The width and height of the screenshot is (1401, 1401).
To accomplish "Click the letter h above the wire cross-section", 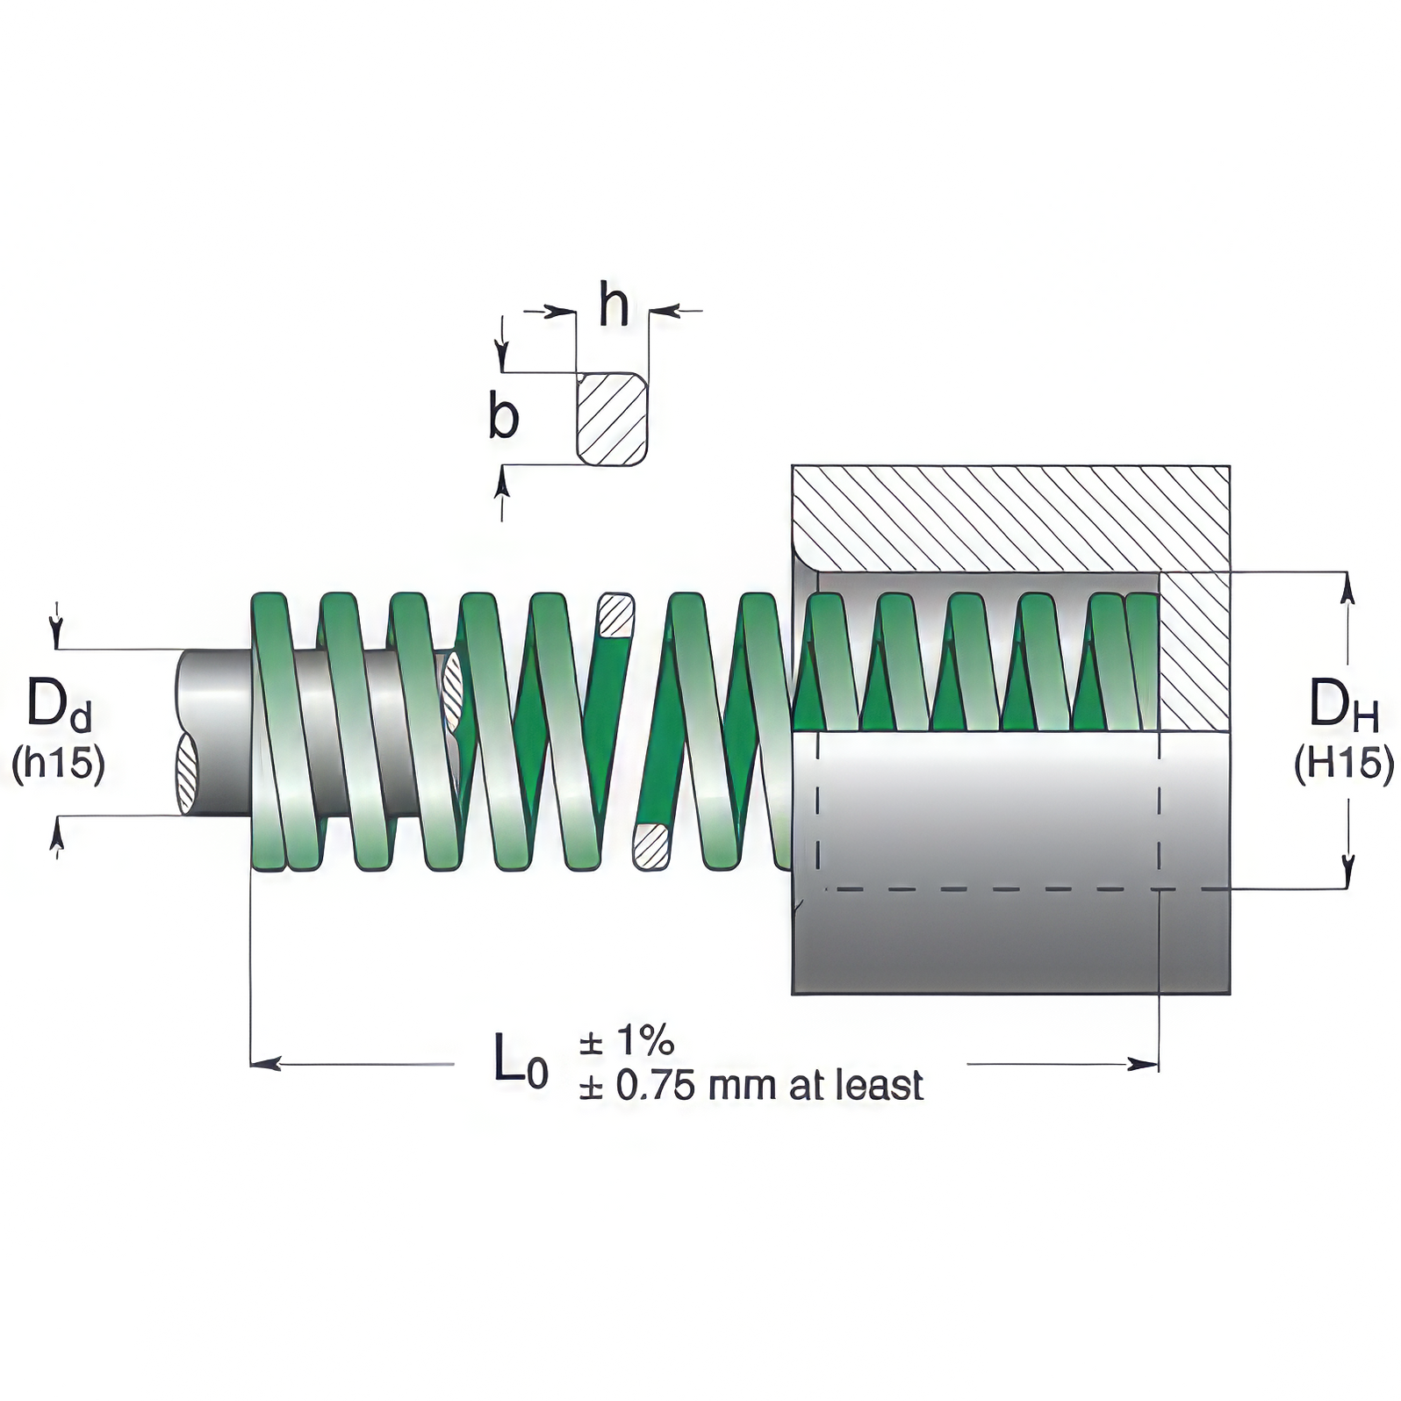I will click(614, 305).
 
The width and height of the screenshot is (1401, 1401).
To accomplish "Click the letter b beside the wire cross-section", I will click(504, 418).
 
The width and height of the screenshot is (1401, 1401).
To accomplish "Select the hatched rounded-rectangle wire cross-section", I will click(612, 419).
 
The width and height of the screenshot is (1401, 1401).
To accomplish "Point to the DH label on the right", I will click(1342, 705).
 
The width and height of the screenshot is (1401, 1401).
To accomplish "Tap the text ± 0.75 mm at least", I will click(751, 1086).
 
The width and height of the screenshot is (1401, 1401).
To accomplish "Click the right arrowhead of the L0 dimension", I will click(1145, 1064).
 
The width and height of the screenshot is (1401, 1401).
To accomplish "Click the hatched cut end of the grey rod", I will click(187, 772).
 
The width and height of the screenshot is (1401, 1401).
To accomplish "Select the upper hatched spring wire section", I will click(615, 616).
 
